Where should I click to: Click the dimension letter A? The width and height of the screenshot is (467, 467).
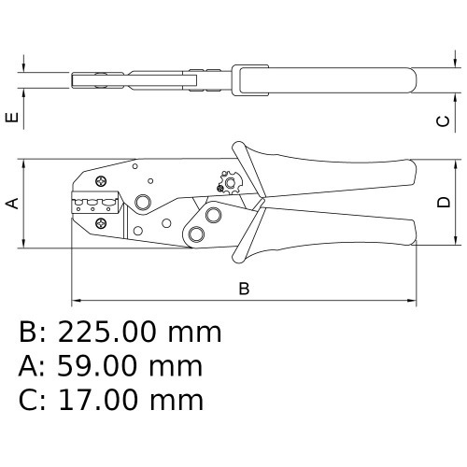[13, 203]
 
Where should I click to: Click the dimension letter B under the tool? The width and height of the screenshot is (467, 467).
[244, 289]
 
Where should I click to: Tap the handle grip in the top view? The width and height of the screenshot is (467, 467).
[327, 79]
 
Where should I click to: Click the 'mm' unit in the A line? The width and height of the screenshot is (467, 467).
[177, 366]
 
